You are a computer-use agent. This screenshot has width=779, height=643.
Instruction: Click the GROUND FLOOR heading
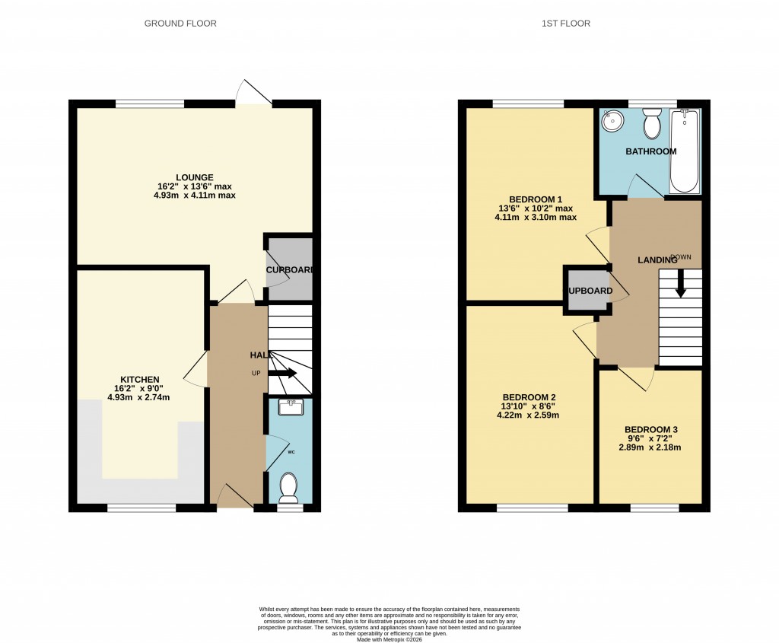[x=180, y=24]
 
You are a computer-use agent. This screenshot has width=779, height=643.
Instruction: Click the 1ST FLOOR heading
[x=566, y=24]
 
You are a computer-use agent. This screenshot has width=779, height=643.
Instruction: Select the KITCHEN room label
[x=139, y=380]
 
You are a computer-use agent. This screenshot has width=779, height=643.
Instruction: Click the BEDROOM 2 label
[x=529, y=397]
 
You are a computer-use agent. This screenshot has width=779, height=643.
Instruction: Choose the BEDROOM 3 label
[x=650, y=429]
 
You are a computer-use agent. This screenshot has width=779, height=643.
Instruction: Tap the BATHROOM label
[x=650, y=151]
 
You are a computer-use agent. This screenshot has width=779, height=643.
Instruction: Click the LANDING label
[x=657, y=260]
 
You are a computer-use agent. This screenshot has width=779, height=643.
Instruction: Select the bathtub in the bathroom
[x=685, y=151]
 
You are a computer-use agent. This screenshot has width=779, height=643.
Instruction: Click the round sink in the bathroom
[x=612, y=120]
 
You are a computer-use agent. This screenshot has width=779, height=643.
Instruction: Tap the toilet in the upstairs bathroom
[x=652, y=122]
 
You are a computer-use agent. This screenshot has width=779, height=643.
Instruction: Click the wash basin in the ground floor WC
[x=291, y=408]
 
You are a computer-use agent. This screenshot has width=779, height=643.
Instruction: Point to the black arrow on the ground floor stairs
[x=282, y=374]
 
